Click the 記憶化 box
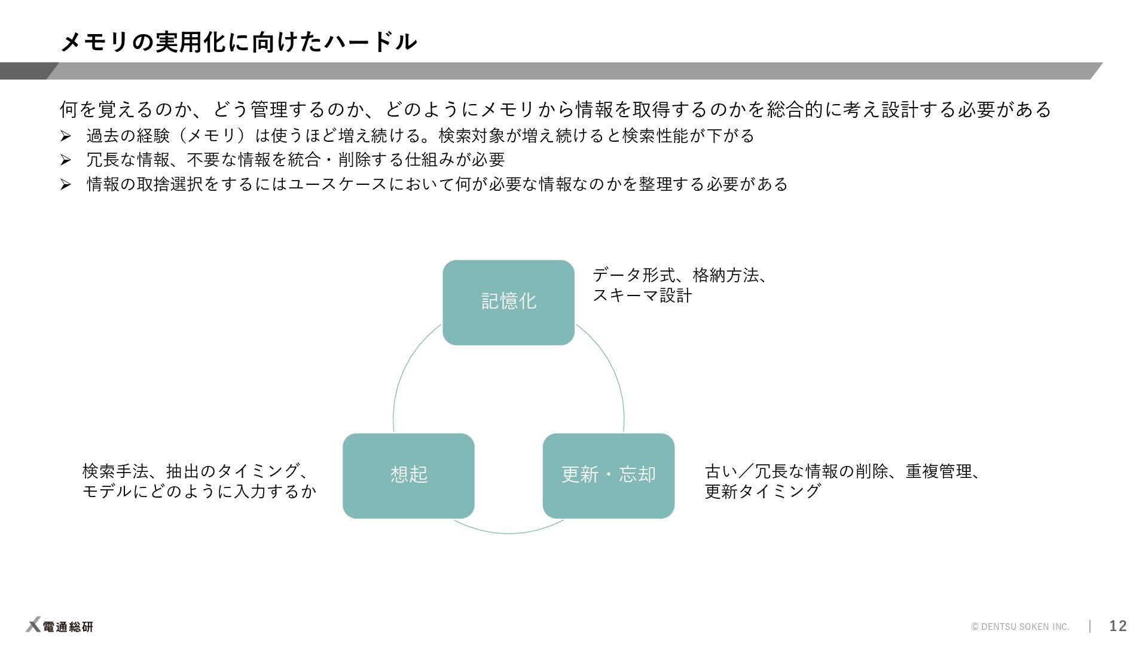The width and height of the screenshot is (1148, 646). (508, 302)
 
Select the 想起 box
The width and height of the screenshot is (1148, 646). (408, 476)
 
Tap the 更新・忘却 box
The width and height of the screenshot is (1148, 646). (608, 476)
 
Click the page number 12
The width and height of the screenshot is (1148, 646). (1118, 626)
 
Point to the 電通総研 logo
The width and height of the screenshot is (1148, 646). (60, 626)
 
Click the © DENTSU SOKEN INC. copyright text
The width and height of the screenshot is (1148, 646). (1020, 627)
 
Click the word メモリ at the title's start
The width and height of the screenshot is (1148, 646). (96, 42)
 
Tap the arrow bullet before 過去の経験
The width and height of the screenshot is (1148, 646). (66, 137)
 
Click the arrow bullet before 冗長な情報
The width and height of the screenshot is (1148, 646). (66, 160)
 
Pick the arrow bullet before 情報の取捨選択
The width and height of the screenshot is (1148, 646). (66, 185)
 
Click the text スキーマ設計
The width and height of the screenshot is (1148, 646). (642, 295)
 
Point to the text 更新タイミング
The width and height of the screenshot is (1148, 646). (762, 492)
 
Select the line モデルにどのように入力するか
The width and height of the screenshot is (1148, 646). (199, 492)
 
